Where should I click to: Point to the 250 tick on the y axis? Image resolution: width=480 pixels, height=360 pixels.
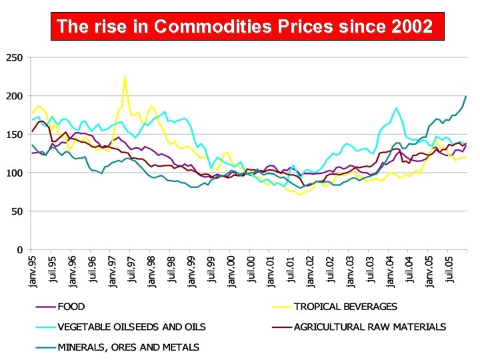tap(14, 58)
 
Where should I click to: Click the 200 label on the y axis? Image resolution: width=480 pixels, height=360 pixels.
tap(14, 97)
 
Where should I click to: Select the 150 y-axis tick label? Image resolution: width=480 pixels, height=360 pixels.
tap(14, 135)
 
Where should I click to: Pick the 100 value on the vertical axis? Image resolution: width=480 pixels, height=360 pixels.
tap(14, 173)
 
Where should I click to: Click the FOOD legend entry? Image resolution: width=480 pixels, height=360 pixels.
tap(71, 307)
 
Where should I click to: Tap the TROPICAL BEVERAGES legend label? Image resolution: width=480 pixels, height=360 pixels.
tap(345, 307)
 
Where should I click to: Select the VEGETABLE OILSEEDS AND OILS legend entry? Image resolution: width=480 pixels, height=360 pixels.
tap(131, 327)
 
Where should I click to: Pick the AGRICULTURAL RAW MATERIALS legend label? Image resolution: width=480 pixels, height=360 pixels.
tap(370, 327)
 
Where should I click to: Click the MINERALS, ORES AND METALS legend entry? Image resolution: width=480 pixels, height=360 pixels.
tap(128, 347)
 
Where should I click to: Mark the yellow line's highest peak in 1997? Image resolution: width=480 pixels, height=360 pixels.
tap(125, 77)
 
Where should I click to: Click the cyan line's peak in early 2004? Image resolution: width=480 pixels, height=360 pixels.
tap(397, 108)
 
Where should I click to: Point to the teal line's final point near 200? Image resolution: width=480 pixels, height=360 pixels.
tap(466, 96)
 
